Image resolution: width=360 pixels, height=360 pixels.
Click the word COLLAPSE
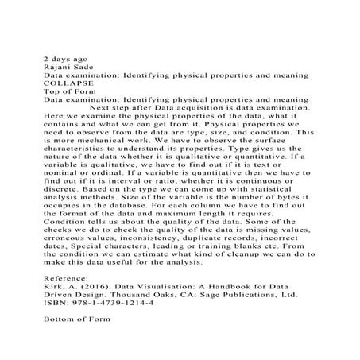click(x=68, y=82)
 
